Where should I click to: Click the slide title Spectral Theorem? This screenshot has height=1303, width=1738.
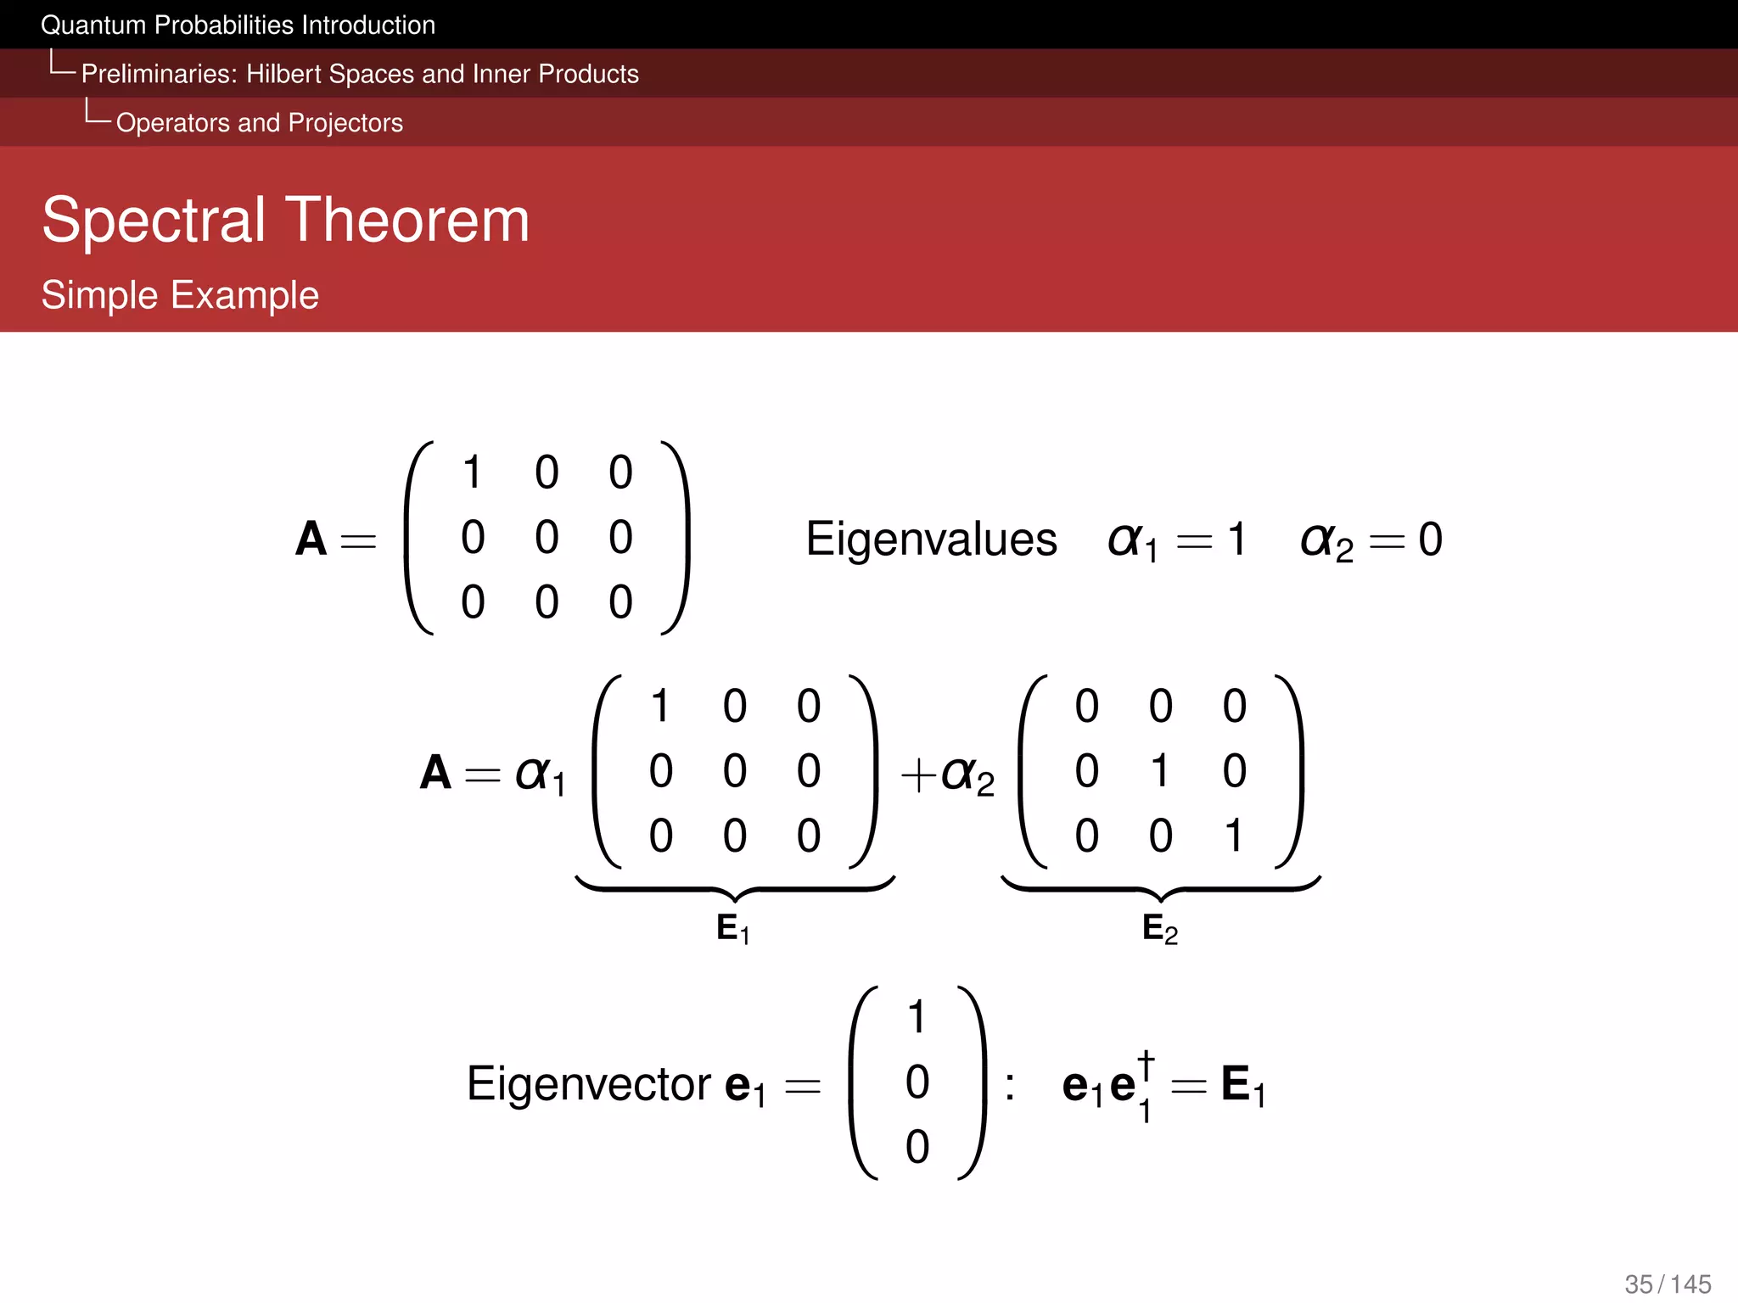coord(286,220)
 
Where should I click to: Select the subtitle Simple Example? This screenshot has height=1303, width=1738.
coord(180,295)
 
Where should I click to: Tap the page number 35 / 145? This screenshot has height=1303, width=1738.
coord(1668,1283)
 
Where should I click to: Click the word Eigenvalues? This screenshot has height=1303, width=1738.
coord(931,539)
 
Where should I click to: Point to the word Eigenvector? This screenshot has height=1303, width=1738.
coord(589,1083)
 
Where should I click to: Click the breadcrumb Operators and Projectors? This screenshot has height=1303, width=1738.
coord(260,123)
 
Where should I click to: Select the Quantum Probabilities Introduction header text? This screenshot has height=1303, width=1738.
coord(238,25)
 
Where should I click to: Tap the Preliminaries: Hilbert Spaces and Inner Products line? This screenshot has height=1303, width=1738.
coord(360,74)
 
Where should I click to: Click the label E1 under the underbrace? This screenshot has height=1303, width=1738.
coord(732,929)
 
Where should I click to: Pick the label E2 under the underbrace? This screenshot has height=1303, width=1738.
coord(1159,929)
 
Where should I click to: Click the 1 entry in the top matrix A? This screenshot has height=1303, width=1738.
coord(473,472)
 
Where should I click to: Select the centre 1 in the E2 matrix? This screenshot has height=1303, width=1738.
coord(1160,770)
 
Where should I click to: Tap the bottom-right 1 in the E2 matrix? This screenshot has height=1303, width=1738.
coord(1234,836)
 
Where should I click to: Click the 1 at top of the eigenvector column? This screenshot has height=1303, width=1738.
coord(917,1016)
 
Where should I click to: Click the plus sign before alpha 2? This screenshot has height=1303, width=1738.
coord(918,775)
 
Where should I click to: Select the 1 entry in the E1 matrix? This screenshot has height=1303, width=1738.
coord(660,706)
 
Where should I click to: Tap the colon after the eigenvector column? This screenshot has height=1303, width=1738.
coord(1009,1086)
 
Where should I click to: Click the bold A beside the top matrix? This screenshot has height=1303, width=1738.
coord(311,539)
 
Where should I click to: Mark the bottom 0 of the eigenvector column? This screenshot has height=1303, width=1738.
coord(917,1147)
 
